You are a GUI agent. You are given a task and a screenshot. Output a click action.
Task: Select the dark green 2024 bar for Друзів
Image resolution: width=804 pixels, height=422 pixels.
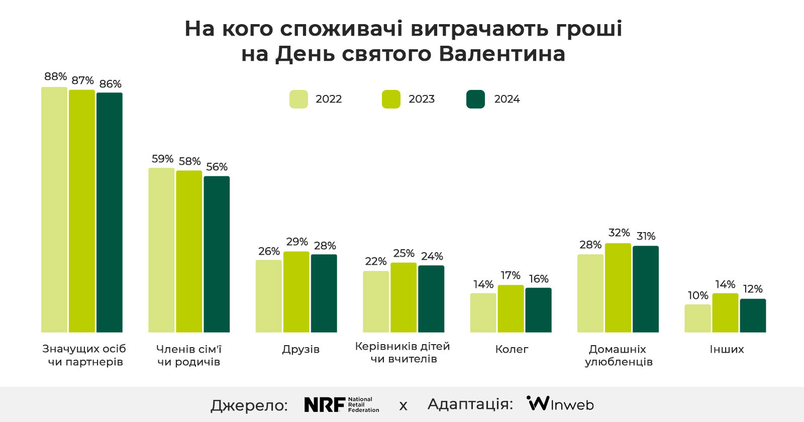click(324, 293)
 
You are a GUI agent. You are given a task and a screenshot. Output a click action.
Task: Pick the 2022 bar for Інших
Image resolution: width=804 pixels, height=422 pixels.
click(697, 319)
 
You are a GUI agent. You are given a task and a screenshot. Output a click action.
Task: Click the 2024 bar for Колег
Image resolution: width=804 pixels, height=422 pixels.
click(538, 310)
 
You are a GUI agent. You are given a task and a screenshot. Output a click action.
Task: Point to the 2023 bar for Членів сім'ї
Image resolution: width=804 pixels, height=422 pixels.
click(189, 251)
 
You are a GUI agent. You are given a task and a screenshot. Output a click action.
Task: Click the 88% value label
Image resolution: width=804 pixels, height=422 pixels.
click(55, 77)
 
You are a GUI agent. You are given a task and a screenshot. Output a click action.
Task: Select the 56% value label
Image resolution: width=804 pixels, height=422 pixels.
click(217, 167)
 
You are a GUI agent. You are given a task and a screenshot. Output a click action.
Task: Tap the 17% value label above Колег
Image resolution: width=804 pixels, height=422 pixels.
click(511, 275)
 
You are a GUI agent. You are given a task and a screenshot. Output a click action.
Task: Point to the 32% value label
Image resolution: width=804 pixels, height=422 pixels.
click(619, 233)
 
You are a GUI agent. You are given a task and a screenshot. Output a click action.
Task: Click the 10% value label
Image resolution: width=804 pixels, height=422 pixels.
click(697, 295)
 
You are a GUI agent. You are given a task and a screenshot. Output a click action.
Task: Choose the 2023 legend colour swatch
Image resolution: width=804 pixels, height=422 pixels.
click(391, 99)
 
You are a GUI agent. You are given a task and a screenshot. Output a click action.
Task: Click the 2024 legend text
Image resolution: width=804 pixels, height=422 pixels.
click(507, 99)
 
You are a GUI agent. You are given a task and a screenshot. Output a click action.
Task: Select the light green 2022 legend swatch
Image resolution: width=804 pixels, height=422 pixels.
click(298, 99)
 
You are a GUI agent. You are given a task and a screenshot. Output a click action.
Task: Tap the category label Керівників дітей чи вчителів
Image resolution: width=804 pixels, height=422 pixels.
click(403, 352)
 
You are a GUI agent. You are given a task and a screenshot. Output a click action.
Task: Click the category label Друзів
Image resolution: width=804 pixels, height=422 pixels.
click(300, 349)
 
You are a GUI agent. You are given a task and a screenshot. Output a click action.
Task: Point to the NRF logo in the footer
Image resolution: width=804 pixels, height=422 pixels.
click(342, 405)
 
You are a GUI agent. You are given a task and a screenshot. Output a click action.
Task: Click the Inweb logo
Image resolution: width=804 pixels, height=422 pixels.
click(560, 404)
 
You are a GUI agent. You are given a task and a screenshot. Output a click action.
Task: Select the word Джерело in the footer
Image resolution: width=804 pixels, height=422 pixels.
click(249, 405)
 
